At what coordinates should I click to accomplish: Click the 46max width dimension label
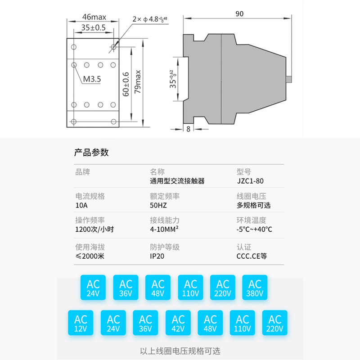94,17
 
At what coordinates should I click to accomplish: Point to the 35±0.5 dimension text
93,27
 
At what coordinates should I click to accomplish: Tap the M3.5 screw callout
92,79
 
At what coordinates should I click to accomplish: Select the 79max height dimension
138,81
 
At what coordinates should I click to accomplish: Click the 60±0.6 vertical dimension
126,84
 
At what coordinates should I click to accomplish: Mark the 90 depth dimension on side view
238,14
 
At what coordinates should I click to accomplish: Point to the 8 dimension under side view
188,129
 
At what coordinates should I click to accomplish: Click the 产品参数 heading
91,152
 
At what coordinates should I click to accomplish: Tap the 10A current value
82,205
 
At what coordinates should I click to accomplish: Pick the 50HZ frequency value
158,205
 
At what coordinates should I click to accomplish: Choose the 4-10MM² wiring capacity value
164,229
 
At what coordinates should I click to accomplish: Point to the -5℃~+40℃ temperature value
254,229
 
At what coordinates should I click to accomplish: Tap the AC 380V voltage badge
255,288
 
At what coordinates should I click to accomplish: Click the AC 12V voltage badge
81,323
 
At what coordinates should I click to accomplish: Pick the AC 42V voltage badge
178,323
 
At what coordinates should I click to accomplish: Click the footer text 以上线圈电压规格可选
180,351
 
